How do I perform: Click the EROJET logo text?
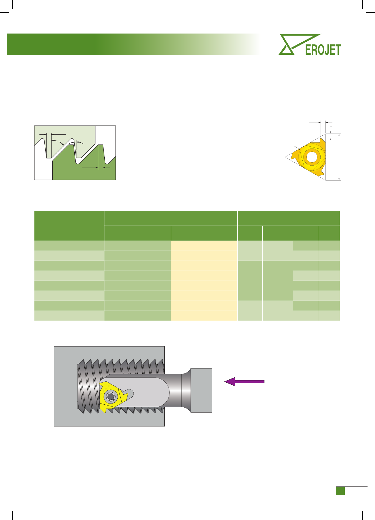pyautogui.click(x=323, y=50)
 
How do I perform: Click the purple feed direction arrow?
pyautogui.click(x=244, y=381)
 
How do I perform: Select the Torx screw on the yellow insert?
pyautogui.click(x=111, y=396)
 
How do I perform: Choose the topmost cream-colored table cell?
pyautogui.click(x=204, y=246)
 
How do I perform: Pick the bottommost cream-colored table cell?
pyautogui.click(x=204, y=316)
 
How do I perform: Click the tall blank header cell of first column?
pyautogui.click(x=69, y=226)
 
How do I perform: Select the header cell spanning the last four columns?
pyautogui.click(x=289, y=218)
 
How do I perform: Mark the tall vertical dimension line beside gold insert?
pyautogui.click(x=339, y=157)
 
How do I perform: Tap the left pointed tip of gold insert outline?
pyautogui.click(x=285, y=157)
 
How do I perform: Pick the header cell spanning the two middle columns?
pyautogui.click(x=171, y=218)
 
